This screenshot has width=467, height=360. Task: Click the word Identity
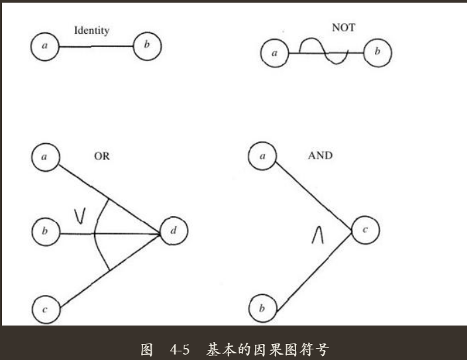91,30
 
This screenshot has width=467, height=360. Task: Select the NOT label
343,28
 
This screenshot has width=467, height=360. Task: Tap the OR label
101,156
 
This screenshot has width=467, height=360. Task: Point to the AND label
321,156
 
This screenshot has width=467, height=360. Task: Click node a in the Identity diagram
44,47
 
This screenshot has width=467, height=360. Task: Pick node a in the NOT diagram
274,53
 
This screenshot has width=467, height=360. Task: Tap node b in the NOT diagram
378,52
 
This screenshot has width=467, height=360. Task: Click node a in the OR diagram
45,157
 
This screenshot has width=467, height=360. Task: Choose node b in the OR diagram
46,231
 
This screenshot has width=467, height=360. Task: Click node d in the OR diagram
174,231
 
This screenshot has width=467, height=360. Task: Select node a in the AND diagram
262,156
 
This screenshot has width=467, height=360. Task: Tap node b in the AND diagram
262,308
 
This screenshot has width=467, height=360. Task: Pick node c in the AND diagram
365,230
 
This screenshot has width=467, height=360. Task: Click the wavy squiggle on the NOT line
323,52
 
